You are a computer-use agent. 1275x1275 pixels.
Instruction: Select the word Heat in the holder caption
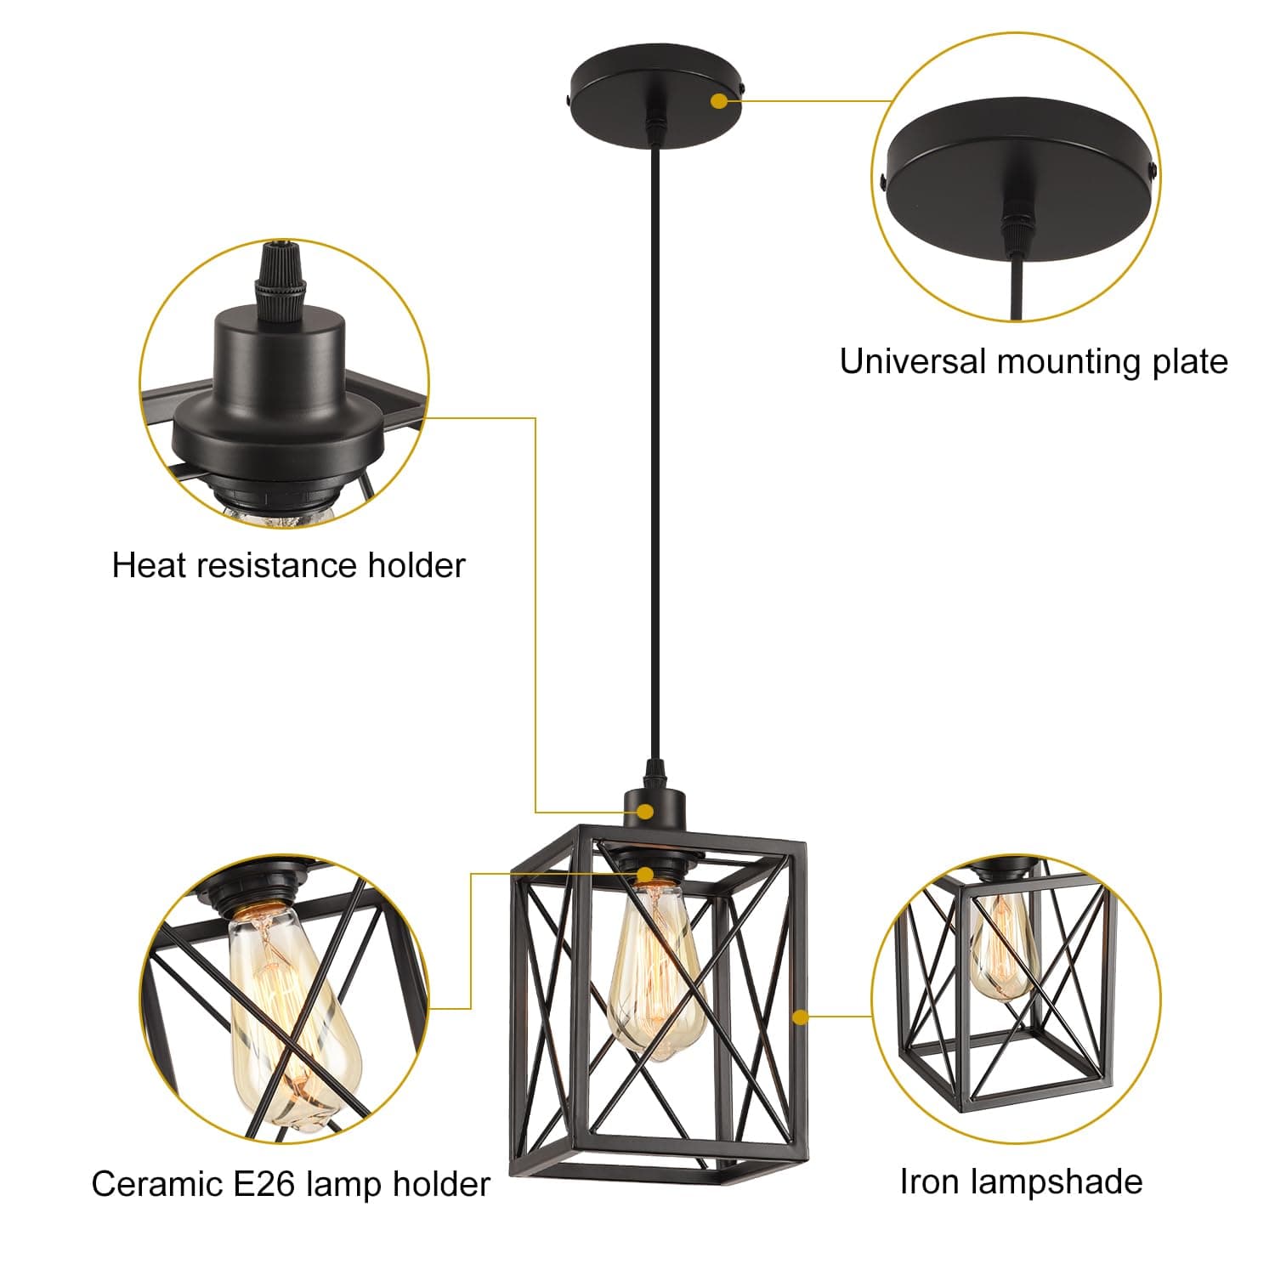coord(150,566)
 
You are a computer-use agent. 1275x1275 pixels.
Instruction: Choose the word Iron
coord(930,1182)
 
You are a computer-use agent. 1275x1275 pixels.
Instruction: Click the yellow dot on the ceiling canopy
coord(719,101)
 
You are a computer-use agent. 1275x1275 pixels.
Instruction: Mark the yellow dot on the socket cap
coord(646,811)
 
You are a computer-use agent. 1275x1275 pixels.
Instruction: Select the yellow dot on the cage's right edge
coord(799,1017)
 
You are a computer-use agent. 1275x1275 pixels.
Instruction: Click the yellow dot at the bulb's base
coord(646,874)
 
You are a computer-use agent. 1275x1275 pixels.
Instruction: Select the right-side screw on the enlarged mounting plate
coord(1153,170)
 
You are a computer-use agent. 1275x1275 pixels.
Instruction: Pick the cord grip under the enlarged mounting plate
coord(1013,225)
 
